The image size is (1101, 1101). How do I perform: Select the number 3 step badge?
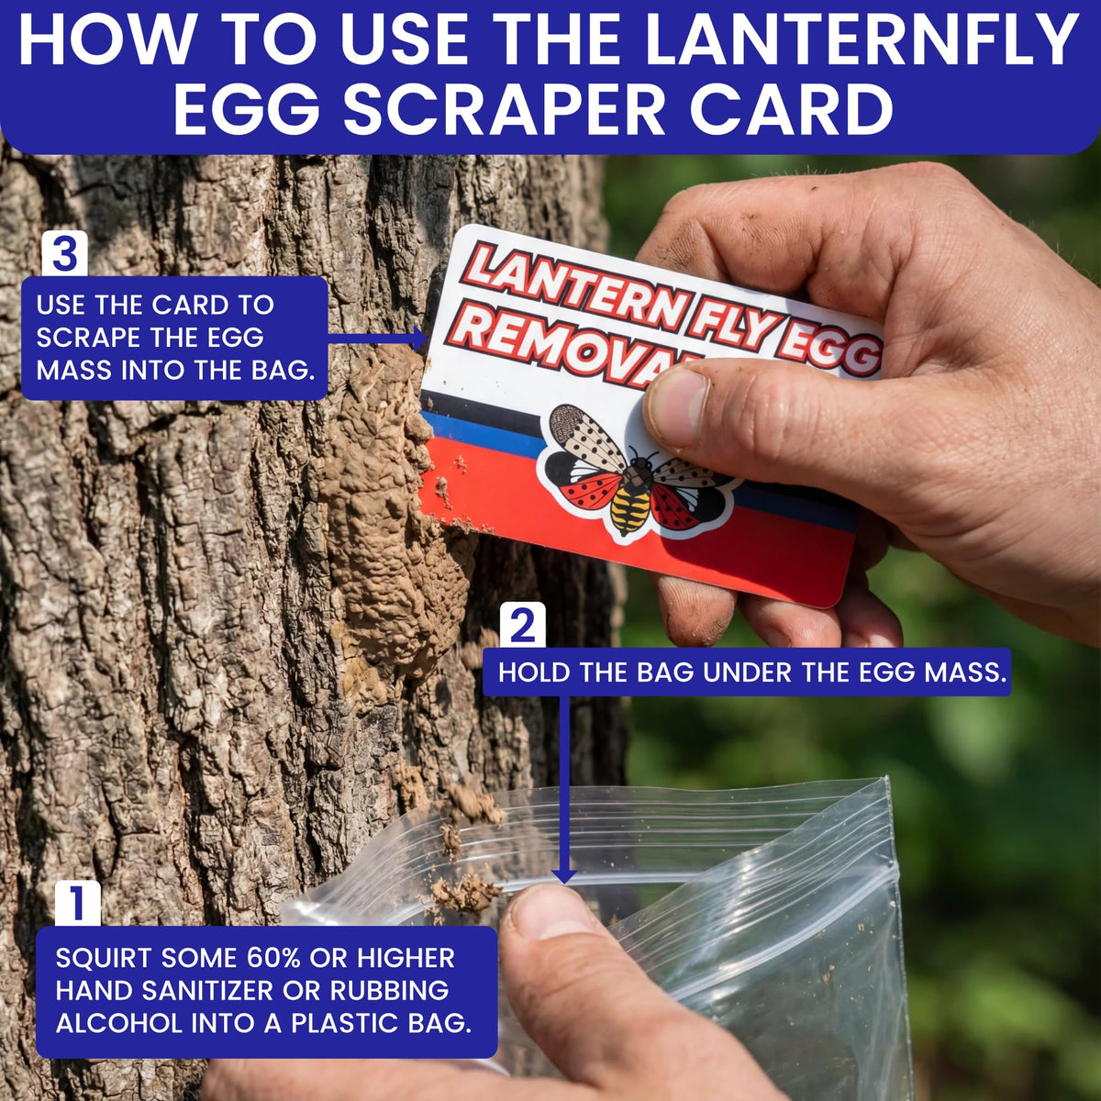64,253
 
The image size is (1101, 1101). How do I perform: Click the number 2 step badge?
523,625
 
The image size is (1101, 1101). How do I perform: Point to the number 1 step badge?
78,903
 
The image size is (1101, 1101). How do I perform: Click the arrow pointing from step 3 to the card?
378,338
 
